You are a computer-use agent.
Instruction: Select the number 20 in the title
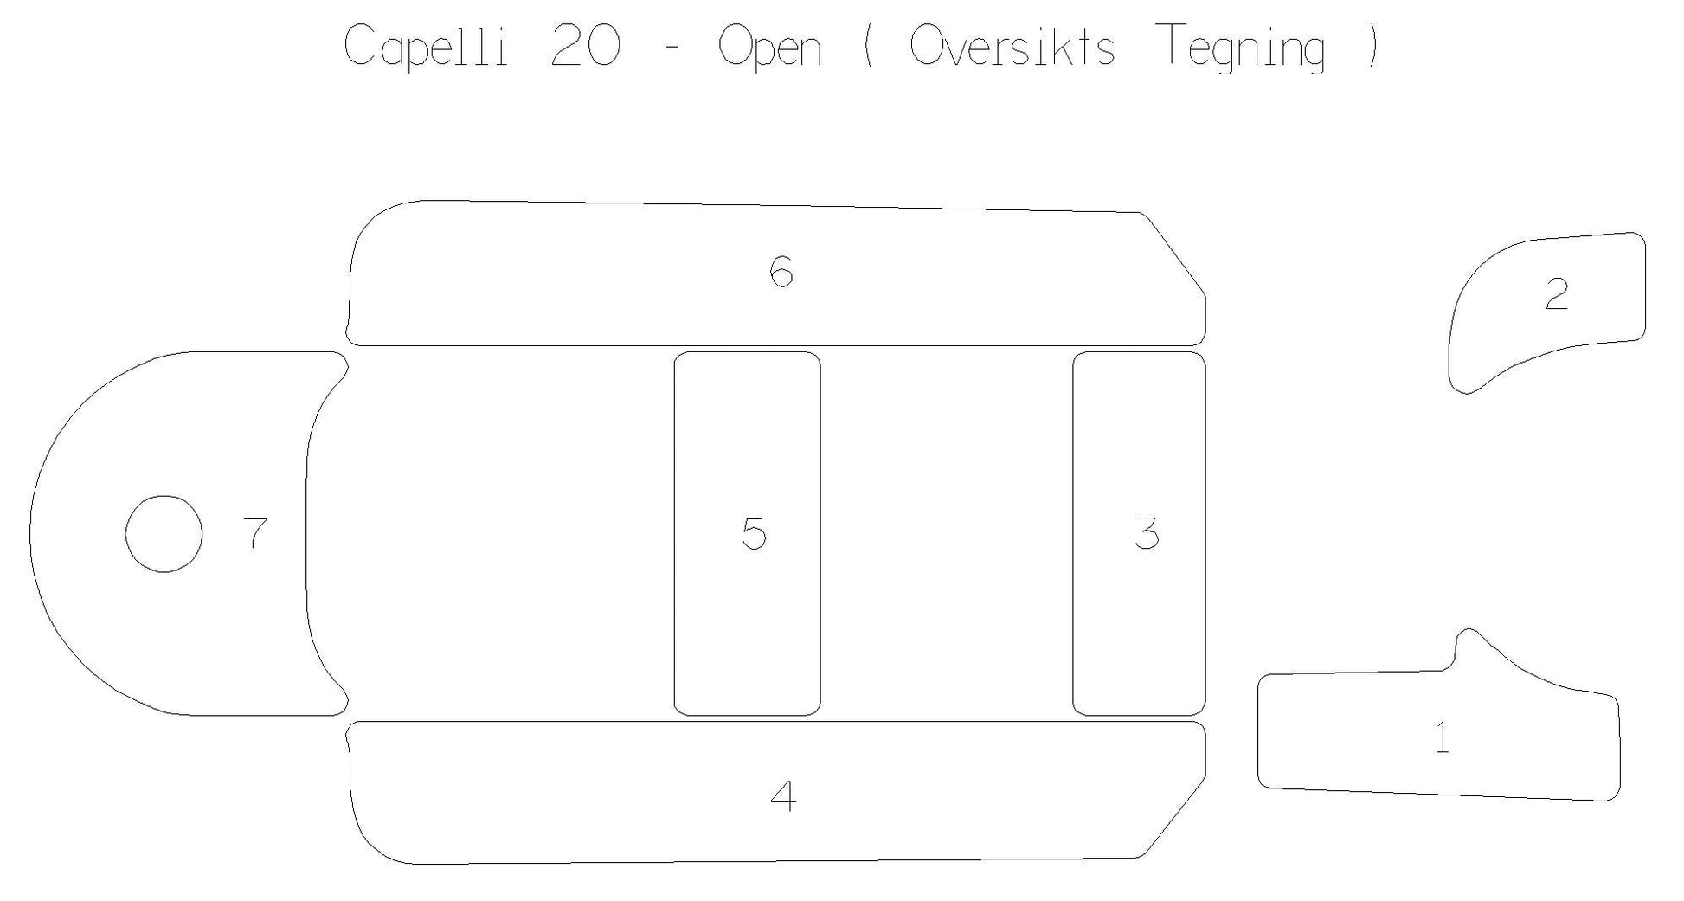[586, 46]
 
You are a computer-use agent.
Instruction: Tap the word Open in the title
[769, 48]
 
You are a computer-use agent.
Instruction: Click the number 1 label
[1443, 737]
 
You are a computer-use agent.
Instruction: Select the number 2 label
[1557, 294]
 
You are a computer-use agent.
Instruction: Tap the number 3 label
[1147, 533]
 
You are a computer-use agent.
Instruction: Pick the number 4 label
[783, 795]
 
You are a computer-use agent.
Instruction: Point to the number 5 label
[754, 533]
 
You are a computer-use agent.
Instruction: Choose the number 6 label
[781, 272]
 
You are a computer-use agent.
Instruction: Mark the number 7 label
[255, 533]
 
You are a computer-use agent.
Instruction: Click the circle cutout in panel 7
[164, 496]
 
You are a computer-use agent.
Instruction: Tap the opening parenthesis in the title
[869, 47]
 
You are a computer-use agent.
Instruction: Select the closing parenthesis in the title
[1372, 47]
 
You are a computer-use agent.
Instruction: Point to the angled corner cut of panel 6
[1175, 253]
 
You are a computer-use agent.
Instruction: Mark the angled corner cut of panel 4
[1175, 815]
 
